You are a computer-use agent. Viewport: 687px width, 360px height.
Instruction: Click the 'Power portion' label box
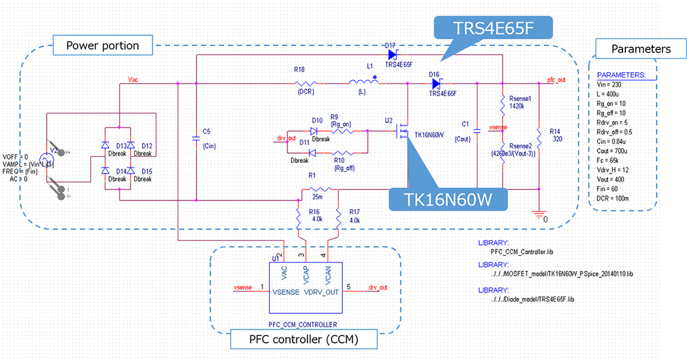coord(102,45)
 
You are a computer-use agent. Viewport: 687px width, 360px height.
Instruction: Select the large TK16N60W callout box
coord(448,199)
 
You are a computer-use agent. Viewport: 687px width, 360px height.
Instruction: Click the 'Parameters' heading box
coord(640,49)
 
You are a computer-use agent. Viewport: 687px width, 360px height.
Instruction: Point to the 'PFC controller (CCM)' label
coord(304,340)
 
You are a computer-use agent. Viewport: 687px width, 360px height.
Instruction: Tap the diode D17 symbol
coord(392,55)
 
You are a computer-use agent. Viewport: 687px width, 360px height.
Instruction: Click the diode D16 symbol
coord(436,84)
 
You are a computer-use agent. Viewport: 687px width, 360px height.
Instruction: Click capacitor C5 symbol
coord(196,139)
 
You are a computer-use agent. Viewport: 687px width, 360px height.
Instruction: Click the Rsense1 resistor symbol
coord(503,107)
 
